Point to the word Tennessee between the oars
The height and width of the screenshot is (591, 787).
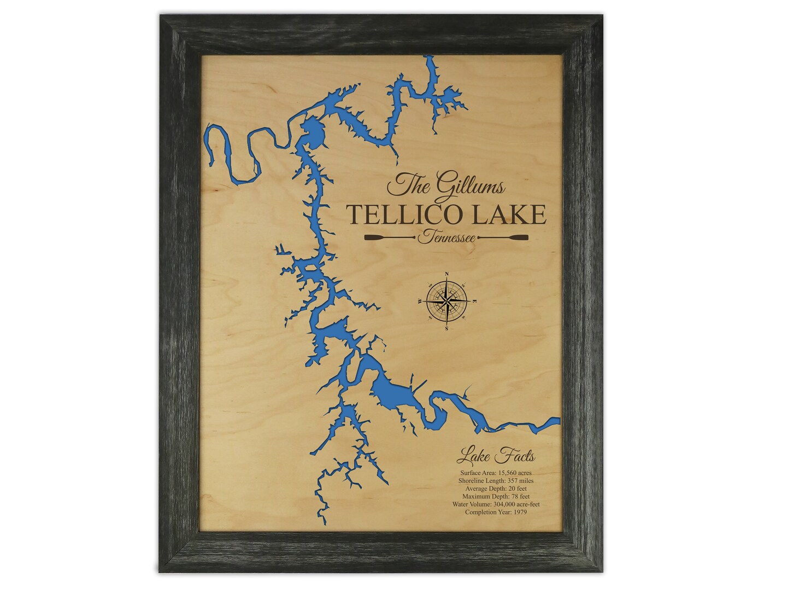pyautogui.click(x=444, y=237)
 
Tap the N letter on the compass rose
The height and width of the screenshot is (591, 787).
pyautogui.click(x=448, y=274)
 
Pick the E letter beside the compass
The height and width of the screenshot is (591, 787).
pyautogui.click(x=474, y=301)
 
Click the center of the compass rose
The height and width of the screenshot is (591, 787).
pyautogui.click(x=448, y=300)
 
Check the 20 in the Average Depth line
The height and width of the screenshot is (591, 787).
pyautogui.click(x=503, y=488)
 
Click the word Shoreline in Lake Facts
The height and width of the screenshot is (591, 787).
pyautogui.click(x=471, y=480)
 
